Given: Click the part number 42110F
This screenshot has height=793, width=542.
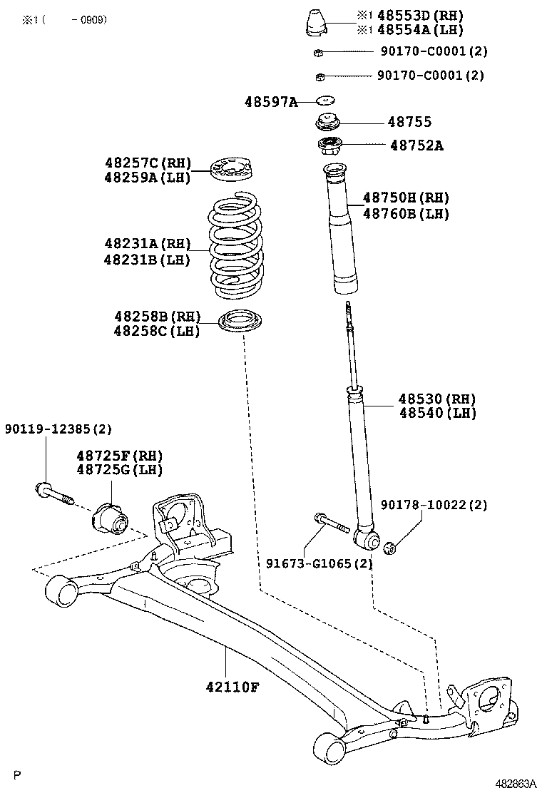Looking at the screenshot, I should pyautogui.click(x=232, y=687).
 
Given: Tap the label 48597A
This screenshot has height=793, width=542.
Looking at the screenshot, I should pyautogui.click(x=271, y=102).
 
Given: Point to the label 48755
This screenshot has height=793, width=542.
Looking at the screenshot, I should pyautogui.click(x=409, y=123).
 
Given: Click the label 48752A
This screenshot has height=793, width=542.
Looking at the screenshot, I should pyautogui.click(x=416, y=145).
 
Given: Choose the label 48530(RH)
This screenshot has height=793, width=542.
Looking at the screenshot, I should pyautogui.click(x=436, y=399).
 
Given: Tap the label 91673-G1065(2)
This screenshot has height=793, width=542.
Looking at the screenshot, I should pyautogui.click(x=319, y=563).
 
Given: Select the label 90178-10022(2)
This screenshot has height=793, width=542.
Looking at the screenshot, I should pyautogui.click(x=434, y=505).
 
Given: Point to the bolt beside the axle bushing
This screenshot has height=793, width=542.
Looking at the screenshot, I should pyautogui.click(x=53, y=494).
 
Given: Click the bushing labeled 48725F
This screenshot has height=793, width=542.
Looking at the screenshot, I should pyautogui.click(x=109, y=516).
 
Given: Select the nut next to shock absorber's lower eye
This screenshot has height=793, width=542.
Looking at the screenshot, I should pyautogui.click(x=390, y=547).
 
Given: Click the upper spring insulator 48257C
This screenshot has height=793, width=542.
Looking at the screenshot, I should pyautogui.click(x=232, y=170).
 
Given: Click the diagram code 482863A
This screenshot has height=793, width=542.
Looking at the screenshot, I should pyautogui.click(x=516, y=783).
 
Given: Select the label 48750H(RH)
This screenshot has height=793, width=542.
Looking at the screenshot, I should pyautogui.click(x=406, y=198).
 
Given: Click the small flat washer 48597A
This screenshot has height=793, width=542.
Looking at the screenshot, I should pyautogui.click(x=325, y=100).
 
